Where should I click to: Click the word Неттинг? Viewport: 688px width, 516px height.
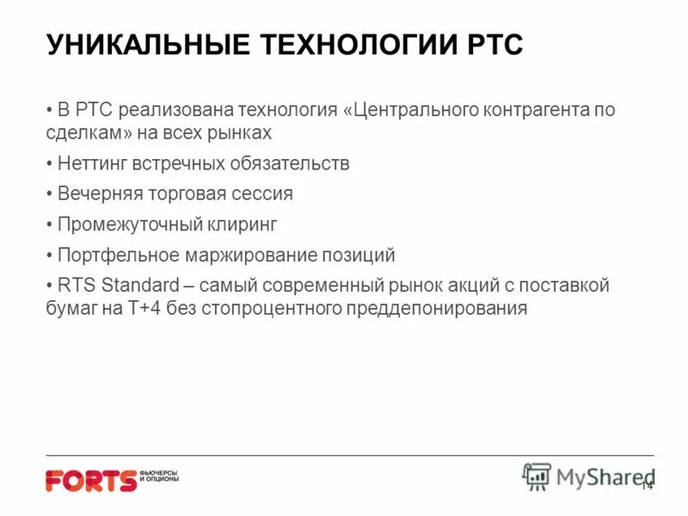[92, 163]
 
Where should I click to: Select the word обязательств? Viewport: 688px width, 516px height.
[291, 163]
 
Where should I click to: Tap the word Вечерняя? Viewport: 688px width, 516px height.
[99, 193]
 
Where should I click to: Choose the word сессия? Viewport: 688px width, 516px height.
[262, 193]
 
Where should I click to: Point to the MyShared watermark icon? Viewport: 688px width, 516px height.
[537, 476]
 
